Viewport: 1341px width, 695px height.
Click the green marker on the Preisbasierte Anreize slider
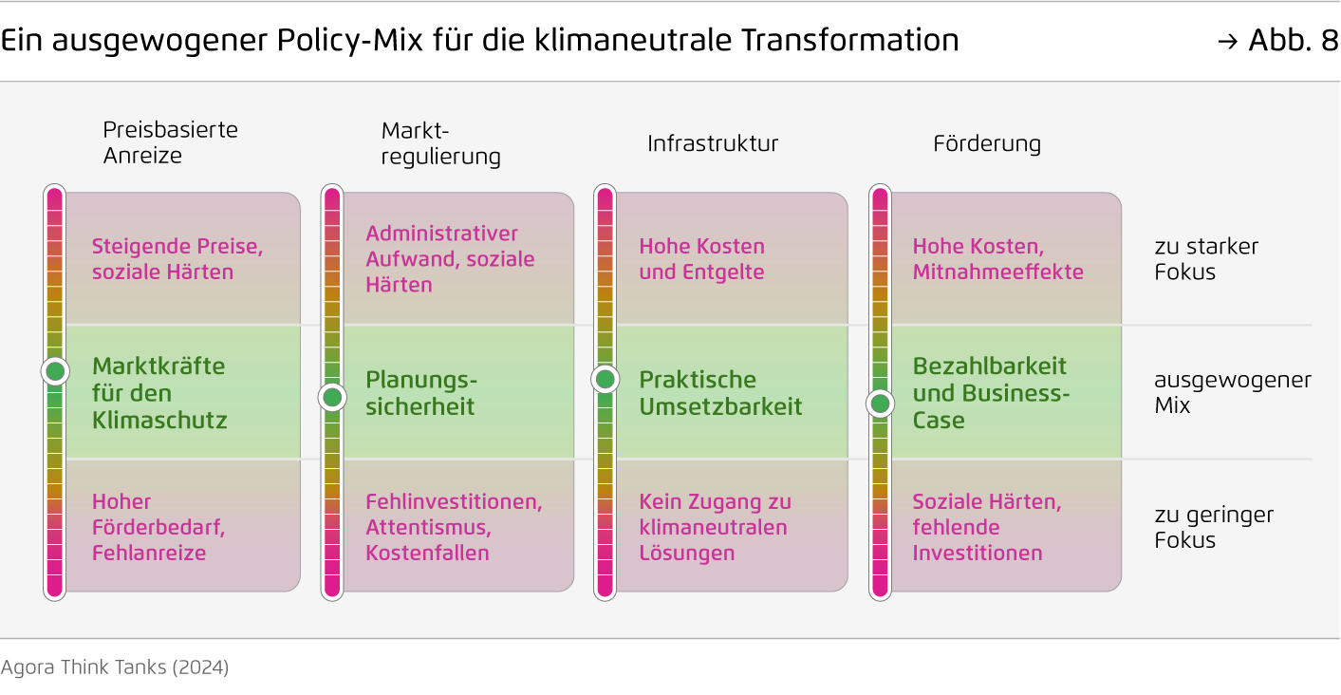55,371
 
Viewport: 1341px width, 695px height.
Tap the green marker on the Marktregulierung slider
332,397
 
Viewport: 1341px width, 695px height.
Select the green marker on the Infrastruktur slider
605,379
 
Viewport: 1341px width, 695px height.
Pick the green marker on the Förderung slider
880,404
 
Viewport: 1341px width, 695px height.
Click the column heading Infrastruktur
713,143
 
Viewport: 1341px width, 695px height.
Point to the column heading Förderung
987,143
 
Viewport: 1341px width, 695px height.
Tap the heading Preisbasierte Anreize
171,142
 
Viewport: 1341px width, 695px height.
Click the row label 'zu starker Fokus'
1206,259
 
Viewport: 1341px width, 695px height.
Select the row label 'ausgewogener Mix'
1233,392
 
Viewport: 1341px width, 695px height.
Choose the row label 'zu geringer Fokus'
1214,527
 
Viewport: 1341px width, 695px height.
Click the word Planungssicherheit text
421,393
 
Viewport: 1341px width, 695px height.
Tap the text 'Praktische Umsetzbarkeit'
720,393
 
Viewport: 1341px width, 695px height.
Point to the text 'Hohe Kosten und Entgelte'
701,259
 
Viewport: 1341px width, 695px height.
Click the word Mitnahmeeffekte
998,272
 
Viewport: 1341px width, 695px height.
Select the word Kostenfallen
427,553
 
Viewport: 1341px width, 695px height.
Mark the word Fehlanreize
149,553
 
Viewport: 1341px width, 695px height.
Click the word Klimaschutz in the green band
159,421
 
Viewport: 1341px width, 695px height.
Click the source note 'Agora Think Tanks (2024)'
114,667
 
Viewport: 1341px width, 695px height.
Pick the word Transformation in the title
850,41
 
